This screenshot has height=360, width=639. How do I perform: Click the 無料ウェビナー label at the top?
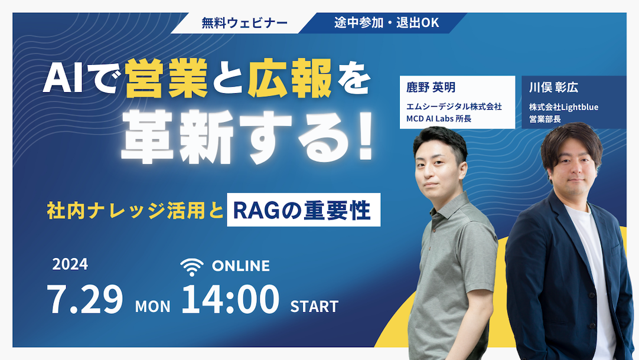click(x=244, y=23)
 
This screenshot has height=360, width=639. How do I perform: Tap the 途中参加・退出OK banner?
click(x=386, y=23)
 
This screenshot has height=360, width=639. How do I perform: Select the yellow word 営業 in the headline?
click(x=167, y=78)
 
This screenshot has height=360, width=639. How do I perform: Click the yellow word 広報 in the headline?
click(x=290, y=78)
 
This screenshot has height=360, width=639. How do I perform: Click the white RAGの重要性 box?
click(x=304, y=210)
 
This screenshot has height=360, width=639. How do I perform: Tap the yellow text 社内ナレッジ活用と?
click(x=136, y=211)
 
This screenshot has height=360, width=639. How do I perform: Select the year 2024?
click(x=70, y=264)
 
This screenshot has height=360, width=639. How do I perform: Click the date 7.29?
click(x=85, y=299)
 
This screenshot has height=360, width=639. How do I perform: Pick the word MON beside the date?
click(x=153, y=306)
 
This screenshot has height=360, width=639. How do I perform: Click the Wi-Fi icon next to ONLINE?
click(x=191, y=267)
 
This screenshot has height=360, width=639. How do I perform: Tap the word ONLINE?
click(x=241, y=266)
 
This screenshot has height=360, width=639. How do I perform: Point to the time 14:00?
click(x=230, y=299)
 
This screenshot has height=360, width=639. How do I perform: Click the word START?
click(x=314, y=306)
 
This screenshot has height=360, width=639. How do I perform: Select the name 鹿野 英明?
click(x=431, y=87)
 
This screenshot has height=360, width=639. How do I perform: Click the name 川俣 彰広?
click(x=553, y=87)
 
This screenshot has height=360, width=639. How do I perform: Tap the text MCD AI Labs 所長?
click(x=439, y=119)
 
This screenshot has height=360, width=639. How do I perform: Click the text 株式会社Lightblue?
click(x=563, y=107)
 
